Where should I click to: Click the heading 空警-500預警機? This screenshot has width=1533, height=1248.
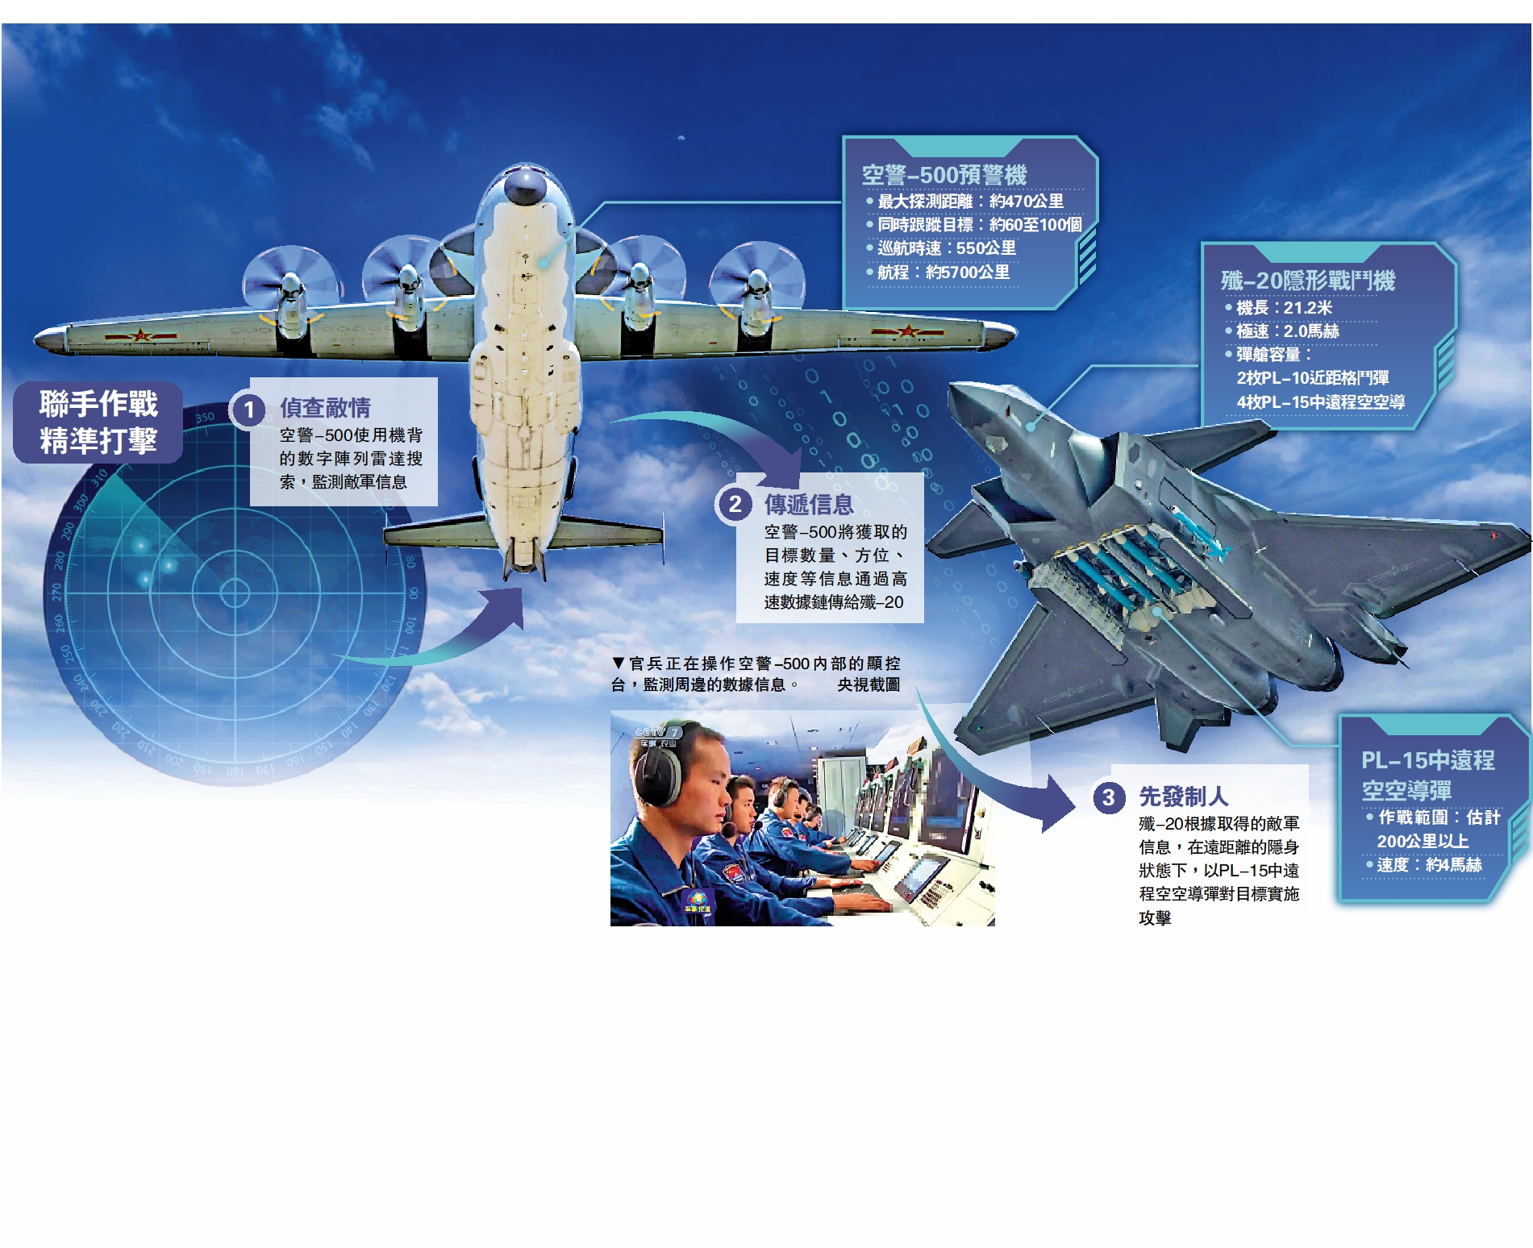point(944,175)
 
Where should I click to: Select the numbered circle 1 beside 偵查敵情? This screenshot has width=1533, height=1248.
point(249,410)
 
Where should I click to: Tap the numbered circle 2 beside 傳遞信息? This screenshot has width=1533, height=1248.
point(735,505)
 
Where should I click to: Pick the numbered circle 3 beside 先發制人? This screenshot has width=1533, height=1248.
point(1109,797)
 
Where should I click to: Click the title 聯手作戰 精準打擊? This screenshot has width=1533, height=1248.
point(98,422)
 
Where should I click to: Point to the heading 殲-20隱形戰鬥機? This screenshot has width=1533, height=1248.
point(1307,281)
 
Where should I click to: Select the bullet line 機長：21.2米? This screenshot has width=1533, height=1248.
point(1278,308)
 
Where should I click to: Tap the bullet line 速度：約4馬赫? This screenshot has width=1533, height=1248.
point(1423,865)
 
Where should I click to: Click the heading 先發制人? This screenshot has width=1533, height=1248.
point(1183,797)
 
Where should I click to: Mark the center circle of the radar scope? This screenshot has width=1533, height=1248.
point(235,593)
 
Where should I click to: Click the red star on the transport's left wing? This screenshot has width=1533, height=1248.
point(142,335)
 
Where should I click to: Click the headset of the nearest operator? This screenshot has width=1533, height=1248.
point(658,774)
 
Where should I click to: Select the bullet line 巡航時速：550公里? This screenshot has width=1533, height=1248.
point(941,248)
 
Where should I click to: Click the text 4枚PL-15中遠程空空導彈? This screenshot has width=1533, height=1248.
point(1321,401)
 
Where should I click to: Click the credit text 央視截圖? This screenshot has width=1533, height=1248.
point(869,684)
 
